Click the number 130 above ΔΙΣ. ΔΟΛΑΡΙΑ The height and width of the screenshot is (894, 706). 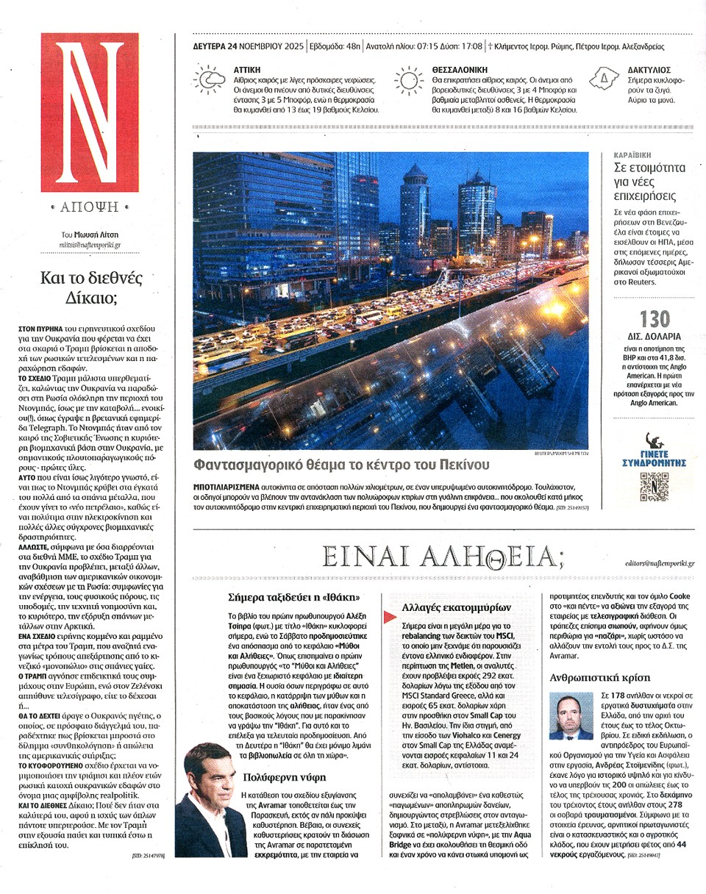[655, 319]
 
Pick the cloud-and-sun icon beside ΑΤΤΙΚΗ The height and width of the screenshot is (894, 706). [207, 79]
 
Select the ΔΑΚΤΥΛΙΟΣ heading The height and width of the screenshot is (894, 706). [648, 68]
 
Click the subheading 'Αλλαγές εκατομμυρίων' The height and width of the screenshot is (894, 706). [457, 607]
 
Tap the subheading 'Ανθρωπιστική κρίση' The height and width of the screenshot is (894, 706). [595, 677]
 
